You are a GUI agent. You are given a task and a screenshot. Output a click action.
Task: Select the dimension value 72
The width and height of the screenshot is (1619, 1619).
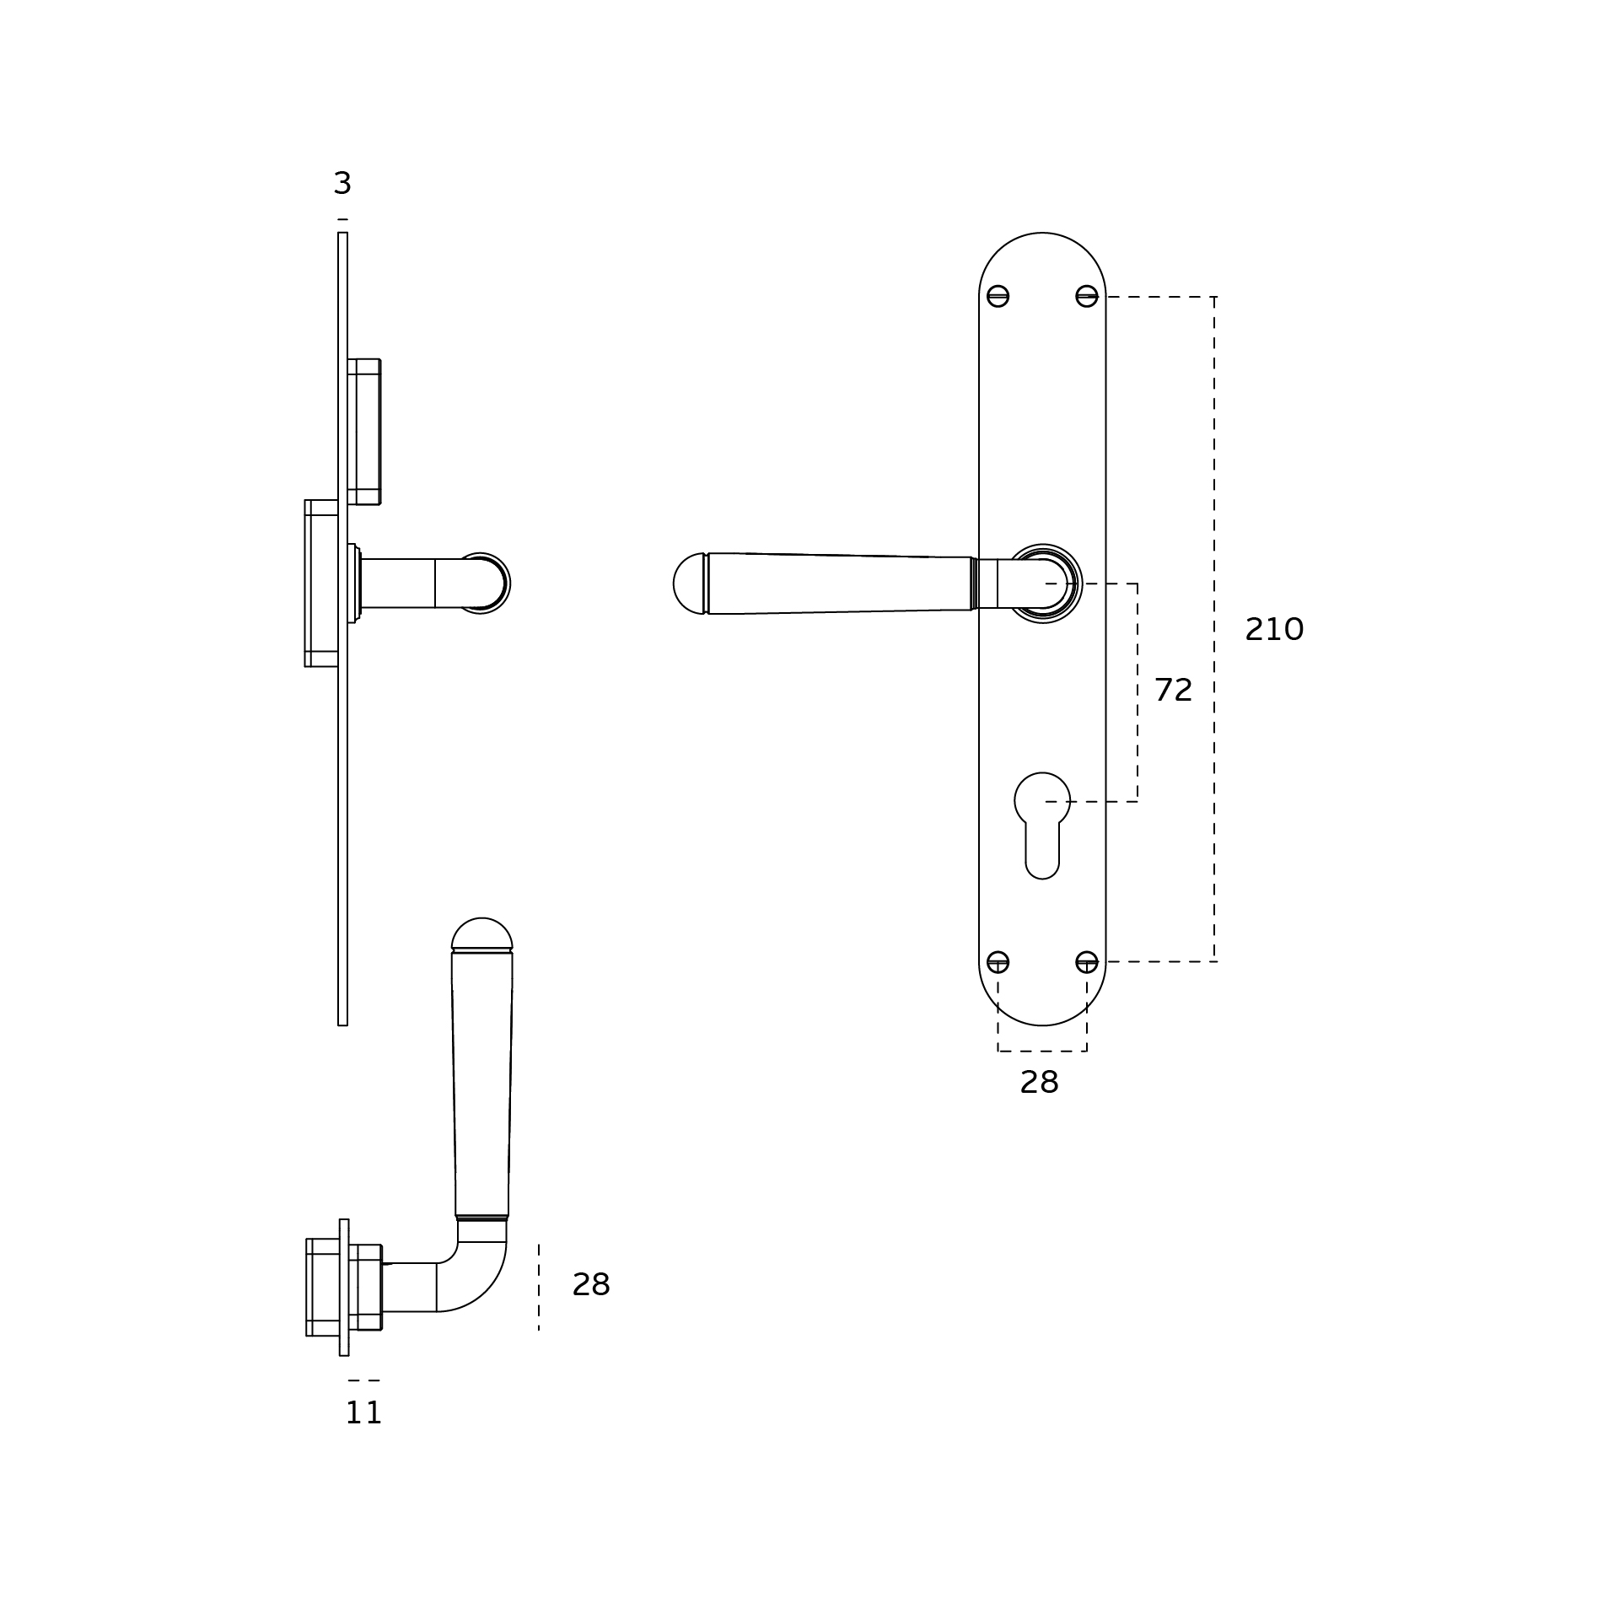pos(1173,690)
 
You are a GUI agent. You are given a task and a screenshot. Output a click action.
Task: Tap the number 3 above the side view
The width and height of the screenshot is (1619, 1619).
pos(342,183)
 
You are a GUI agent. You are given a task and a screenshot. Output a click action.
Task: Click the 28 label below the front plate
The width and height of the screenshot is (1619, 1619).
pos(1039,1082)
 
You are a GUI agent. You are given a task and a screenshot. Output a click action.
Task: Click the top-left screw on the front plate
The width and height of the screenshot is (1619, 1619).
pos(998,296)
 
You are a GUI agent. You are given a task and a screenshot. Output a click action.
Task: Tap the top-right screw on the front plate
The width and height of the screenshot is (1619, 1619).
pos(1087,296)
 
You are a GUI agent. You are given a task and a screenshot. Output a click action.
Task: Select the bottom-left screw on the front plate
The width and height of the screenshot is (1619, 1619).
pos(998,961)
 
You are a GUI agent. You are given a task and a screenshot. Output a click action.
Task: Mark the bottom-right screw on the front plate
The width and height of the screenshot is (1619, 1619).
pos(1087,961)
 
